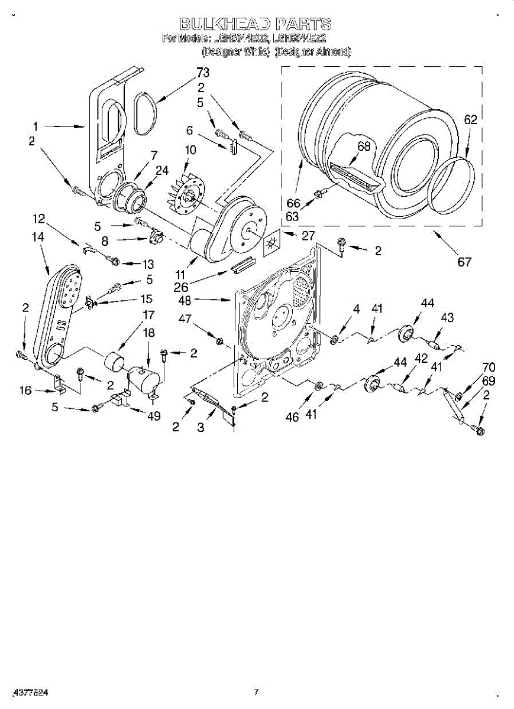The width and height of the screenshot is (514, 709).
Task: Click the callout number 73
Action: pos(202,73)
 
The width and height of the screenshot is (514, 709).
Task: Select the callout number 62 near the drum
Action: pos(470,120)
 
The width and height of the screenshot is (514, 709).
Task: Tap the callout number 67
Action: pos(464,261)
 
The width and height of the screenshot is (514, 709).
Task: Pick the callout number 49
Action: pos(154,416)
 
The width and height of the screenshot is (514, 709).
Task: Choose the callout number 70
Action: pos(489,367)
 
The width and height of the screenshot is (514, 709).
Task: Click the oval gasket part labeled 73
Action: pos(146,114)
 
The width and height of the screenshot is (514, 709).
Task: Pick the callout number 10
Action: pos(190,150)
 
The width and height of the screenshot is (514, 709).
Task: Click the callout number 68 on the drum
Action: pos(364,147)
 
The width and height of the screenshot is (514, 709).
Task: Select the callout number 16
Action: pos(25,390)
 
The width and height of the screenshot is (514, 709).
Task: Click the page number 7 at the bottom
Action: pos(256,692)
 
